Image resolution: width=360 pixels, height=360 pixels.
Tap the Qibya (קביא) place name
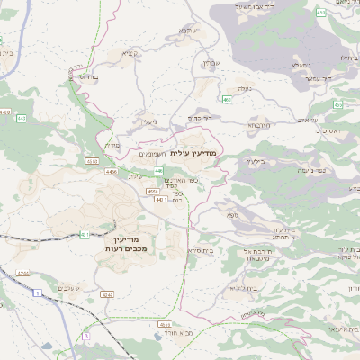tap(129, 53)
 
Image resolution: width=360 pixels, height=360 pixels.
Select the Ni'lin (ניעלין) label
tap(149, 121)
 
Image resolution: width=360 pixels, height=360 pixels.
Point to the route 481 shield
tap(85, 234)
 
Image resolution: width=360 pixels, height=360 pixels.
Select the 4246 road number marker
tap(107, 294)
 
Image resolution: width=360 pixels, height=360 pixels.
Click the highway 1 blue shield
tap(37, 294)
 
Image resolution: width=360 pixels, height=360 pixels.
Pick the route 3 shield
tap(87, 336)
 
